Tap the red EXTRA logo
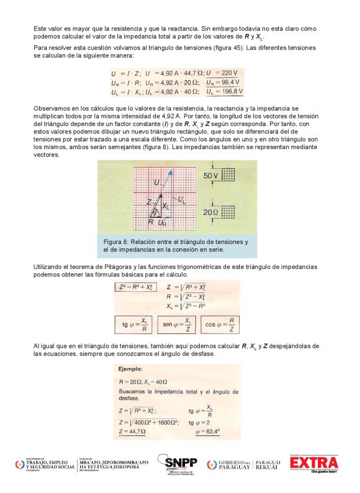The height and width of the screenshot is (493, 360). (x=313, y=464)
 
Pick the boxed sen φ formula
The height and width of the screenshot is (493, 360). (x=177, y=325)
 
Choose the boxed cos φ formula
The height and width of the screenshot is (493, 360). (x=220, y=325)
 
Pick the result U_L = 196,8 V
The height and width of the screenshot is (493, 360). (x=224, y=92)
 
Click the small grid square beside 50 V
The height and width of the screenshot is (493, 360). (x=230, y=176)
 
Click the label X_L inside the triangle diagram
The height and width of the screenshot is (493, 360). (x=165, y=206)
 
